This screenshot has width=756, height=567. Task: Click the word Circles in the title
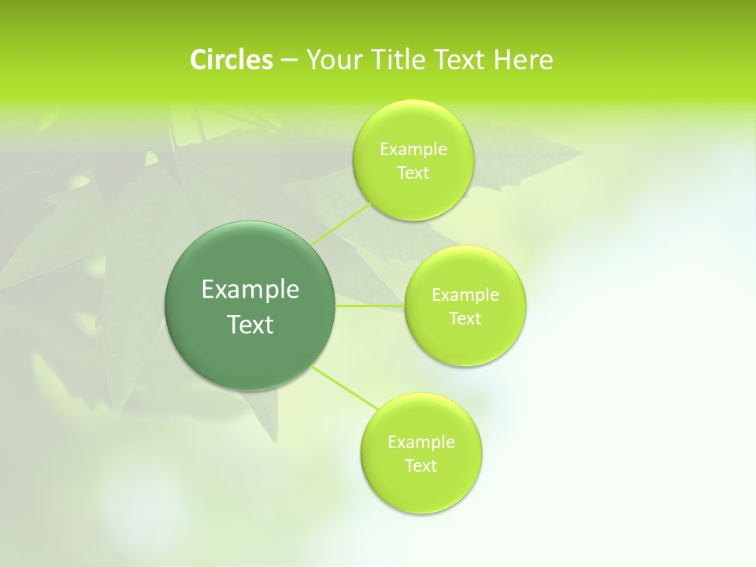tap(231, 59)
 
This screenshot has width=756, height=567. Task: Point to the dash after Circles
tap(288, 61)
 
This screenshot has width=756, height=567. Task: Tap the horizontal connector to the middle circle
tap(370, 305)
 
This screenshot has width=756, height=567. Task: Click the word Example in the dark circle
tap(250, 290)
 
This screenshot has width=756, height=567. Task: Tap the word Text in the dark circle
tap(250, 324)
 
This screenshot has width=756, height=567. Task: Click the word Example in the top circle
tap(413, 150)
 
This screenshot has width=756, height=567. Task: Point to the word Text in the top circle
tap(413, 173)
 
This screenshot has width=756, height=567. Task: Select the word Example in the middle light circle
tap(465, 295)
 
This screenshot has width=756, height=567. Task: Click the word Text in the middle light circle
tap(465, 319)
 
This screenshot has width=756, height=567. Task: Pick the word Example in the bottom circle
tap(421, 443)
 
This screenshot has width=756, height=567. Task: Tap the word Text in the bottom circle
tap(421, 466)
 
